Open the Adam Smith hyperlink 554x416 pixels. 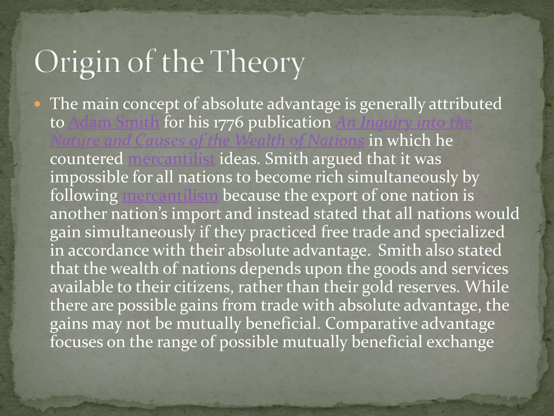coord(114,122)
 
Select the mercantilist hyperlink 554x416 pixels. coord(172,159)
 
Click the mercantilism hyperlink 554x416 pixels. coord(170,196)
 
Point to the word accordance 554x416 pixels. coord(108,251)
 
